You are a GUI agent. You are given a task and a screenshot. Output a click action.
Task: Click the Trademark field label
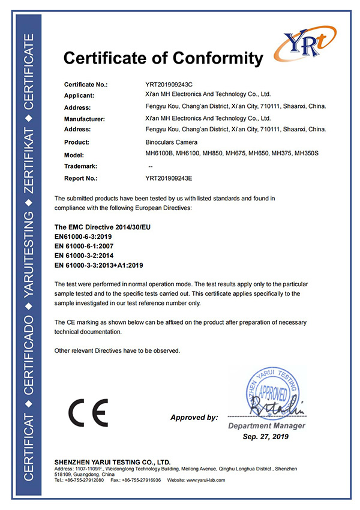[x=80, y=166]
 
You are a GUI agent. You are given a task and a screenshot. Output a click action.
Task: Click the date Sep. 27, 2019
[x=266, y=437]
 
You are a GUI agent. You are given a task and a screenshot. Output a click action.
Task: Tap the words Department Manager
[x=266, y=425]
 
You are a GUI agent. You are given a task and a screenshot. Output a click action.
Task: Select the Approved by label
[x=194, y=418]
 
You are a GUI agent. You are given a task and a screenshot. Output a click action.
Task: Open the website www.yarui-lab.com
[x=204, y=481]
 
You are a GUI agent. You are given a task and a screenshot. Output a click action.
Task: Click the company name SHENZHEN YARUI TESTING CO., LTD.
[x=113, y=462]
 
